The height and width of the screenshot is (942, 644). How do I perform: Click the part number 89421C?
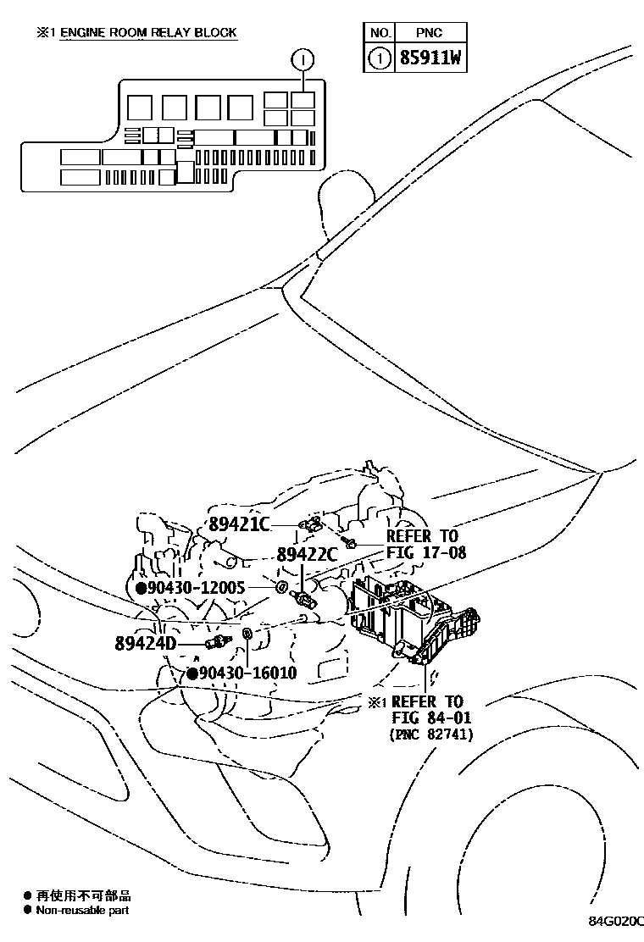coord(239,524)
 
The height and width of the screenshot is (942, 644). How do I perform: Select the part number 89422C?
coord(307,555)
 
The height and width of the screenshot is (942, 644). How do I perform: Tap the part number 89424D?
coord(145,642)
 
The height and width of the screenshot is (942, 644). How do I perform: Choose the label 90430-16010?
coord(248,673)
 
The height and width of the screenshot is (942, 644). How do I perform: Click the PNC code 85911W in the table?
coord(430,59)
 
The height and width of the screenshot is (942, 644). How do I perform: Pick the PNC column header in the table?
coord(429,33)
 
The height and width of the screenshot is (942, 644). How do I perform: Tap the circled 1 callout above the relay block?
coord(303,59)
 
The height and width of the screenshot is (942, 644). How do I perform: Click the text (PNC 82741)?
coord(430,734)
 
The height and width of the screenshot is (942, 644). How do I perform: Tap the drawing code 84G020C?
coord(617,922)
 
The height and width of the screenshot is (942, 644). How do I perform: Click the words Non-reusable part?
coord(82,910)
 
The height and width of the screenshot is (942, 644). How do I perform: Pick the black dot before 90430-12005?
coord(141,587)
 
